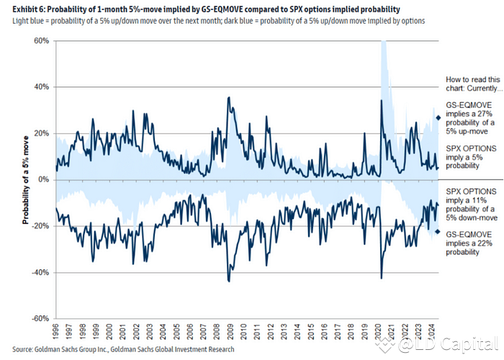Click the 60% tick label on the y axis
click(40, 41)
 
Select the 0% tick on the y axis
click(42, 179)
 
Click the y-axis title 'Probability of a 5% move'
click(25, 179)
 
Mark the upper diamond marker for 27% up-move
click(438, 117)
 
